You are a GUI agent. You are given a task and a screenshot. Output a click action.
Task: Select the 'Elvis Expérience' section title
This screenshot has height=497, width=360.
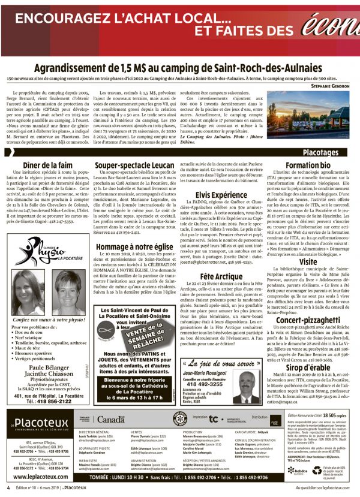[x=221, y=195]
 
